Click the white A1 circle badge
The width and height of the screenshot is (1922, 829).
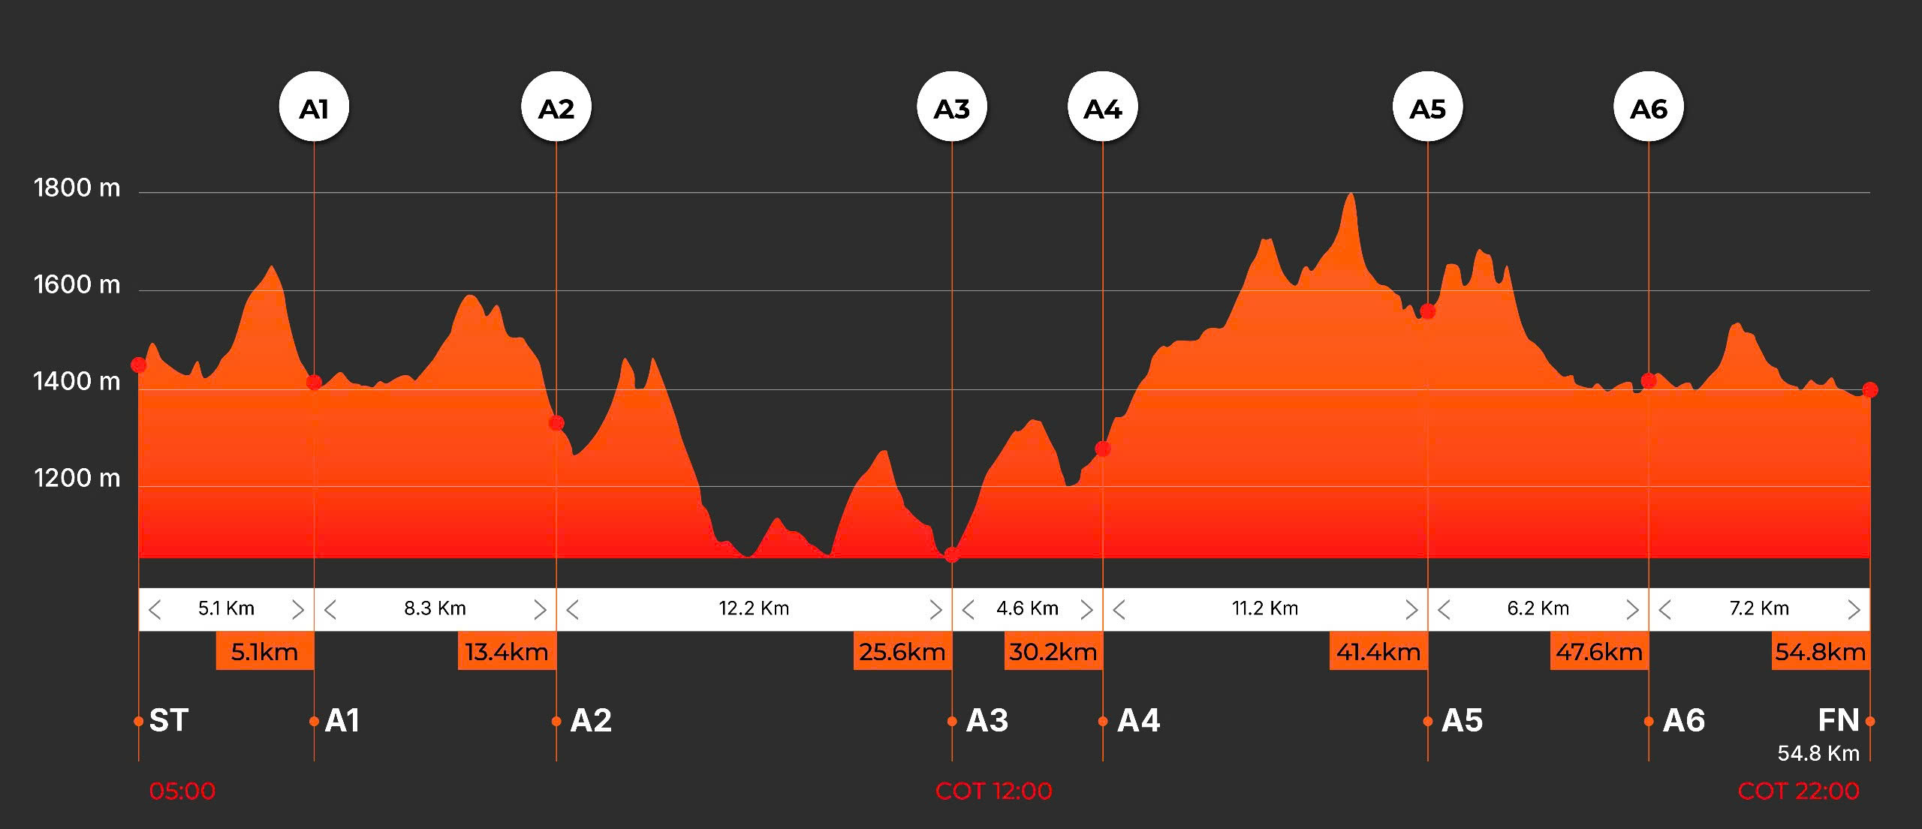314,107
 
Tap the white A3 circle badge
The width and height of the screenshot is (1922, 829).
952,107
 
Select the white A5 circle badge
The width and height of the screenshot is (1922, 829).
1427,107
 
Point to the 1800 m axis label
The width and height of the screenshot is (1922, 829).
77,188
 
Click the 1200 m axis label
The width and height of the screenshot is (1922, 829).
77,478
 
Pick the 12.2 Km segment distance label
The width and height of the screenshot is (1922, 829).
754,608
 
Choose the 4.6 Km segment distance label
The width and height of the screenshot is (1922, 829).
1027,608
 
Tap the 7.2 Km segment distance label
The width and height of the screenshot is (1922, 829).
1759,608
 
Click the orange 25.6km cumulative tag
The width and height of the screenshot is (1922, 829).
902,651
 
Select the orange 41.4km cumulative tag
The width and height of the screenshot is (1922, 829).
1378,651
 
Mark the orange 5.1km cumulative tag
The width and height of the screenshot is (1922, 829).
264,651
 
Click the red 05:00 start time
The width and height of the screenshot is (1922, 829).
182,791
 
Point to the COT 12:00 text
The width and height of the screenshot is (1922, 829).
993,791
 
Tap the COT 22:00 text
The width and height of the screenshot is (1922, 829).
1798,791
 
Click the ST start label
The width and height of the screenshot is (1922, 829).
169,720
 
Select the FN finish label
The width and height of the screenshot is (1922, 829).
1838,720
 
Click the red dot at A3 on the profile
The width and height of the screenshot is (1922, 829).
952,555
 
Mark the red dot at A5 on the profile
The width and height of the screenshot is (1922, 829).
1427,311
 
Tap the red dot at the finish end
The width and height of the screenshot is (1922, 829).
1870,389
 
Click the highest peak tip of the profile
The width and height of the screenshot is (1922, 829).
1351,194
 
